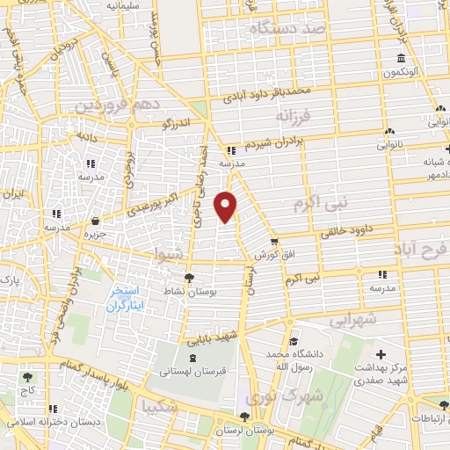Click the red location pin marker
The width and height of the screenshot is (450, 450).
coord(227,206)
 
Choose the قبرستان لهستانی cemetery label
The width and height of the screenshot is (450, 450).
coord(195,372)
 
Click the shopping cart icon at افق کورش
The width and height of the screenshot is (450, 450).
coord(273,241)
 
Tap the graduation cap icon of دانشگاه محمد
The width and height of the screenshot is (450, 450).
coord(292,341)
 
